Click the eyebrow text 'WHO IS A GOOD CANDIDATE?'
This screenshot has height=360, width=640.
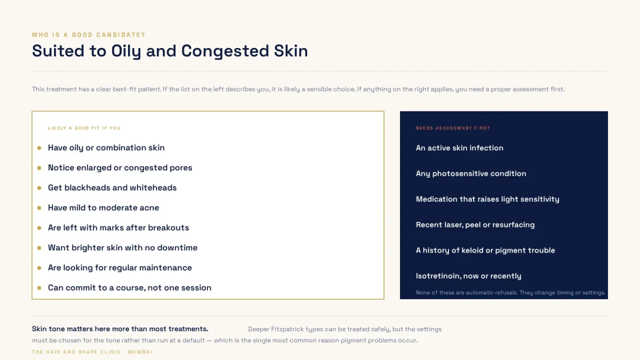89,35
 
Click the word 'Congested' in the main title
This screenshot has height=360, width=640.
225,51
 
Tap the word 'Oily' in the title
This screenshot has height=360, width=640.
126,51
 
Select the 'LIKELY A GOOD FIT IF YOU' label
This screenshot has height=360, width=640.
84,128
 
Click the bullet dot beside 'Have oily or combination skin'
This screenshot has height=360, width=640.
39,148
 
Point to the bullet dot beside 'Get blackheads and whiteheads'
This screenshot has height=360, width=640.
39,188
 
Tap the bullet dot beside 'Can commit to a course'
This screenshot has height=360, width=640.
39,288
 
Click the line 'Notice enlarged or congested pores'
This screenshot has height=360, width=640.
120,168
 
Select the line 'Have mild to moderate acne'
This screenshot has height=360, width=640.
103,207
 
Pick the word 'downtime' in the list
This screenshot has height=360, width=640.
177,248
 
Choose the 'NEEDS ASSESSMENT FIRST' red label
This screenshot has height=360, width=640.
453,128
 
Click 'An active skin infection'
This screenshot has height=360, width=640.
459,148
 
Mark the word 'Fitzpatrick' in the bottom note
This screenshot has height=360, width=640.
287,329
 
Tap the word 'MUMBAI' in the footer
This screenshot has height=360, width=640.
140,352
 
